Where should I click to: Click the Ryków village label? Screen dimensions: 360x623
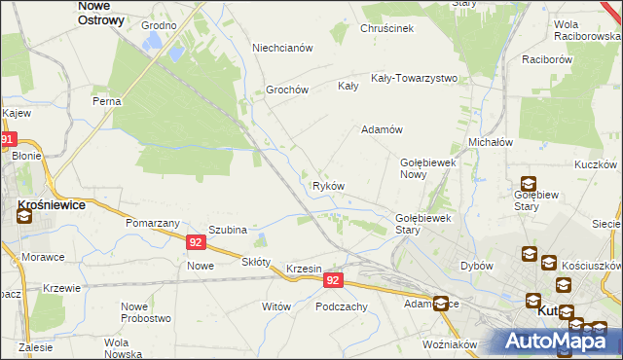pos(327,186)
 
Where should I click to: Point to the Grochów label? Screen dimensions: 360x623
pos(287,90)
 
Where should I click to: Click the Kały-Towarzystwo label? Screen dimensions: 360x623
pos(414,78)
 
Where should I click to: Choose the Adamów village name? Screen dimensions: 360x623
pos(382,129)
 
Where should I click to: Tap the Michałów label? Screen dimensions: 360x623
pos(491,142)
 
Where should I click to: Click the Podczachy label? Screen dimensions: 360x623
pos(341,306)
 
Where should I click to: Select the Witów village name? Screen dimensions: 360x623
pos(276,306)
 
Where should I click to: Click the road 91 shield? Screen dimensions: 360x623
pos(8,140)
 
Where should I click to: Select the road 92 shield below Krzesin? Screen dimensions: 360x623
pos(333,280)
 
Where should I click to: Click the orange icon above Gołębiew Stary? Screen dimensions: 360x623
pos(528,183)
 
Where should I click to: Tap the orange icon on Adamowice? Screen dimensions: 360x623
pos(441,304)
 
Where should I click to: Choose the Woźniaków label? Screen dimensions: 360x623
pos(450,344)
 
